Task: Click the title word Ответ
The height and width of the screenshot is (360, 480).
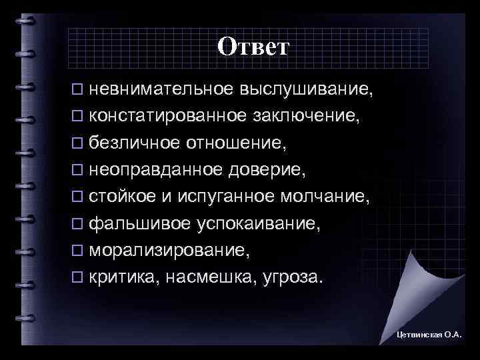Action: click(253, 46)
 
